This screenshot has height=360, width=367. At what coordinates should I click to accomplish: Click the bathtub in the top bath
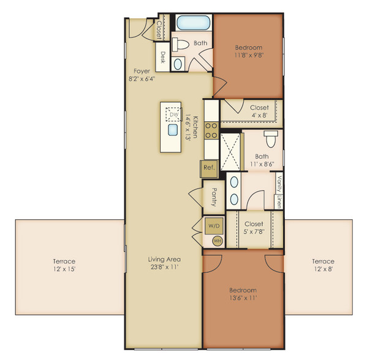[194, 23]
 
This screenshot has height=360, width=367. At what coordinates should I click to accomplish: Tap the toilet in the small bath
[181, 44]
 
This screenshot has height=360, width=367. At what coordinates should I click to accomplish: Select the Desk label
[163, 58]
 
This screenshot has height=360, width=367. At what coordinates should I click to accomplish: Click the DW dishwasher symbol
[173, 114]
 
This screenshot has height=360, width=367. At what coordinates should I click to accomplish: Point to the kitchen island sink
[173, 130]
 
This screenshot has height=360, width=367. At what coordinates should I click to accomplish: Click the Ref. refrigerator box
[209, 168]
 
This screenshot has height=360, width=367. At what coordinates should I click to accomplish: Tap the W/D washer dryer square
[214, 226]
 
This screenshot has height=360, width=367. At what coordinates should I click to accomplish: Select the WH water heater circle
[218, 241]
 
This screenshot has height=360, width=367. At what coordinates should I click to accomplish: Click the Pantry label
[214, 197]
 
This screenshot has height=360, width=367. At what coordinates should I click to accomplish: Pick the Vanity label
[279, 184]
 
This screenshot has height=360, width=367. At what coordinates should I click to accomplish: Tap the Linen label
[279, 201]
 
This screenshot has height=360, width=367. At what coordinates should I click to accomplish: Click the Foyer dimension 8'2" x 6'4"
[142, 79]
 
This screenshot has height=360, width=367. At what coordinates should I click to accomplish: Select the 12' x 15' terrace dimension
[64, 269]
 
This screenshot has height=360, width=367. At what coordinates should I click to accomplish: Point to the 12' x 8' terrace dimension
[323, 269]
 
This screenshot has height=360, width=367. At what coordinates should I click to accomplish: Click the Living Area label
[164, 259]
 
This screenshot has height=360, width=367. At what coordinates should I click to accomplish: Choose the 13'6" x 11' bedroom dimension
[243, 298]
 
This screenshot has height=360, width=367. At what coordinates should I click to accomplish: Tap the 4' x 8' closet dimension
[259, 115]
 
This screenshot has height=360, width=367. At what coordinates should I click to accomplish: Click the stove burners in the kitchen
[211, 130]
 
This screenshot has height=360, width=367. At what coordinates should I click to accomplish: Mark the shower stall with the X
[230, 152]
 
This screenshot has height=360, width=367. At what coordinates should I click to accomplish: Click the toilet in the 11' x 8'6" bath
[271, 139]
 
